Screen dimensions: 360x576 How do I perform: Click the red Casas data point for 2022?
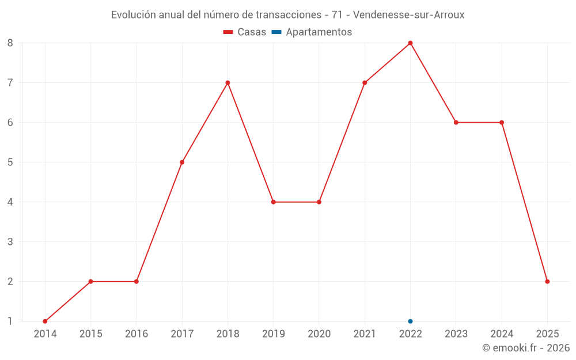pos(410,43)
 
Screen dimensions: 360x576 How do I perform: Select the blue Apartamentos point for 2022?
pos(410,321)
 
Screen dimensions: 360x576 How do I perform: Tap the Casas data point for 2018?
pos(228,83)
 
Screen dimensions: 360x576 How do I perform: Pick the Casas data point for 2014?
pos(45,321)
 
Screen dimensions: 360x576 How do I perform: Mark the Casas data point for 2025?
pos(547,282)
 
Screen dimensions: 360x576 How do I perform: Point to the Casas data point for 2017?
pos(182,162)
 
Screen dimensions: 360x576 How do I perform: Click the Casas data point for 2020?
pos(319,202)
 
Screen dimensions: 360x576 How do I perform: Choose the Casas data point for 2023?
pos(456,123)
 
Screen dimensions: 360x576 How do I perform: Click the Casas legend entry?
pos(245,32)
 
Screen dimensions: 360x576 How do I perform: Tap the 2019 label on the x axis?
pos(273,334)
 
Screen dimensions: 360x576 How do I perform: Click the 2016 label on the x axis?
pos(137,334)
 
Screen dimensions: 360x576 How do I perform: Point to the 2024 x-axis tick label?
pos(502,334)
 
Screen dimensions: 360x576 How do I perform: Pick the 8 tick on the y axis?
pos(10,43)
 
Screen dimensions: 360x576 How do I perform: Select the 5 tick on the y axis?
pos(10,162)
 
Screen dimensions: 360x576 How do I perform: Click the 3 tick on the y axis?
pos(10,242)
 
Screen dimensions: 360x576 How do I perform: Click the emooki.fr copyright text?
pos(526,348)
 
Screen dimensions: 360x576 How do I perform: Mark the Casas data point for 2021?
pos(365,83)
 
